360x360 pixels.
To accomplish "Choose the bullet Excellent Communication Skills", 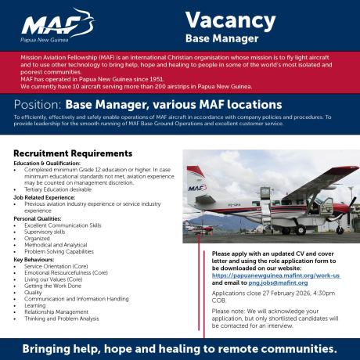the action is (63, 225).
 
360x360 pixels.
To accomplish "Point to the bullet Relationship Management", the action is (56, 311).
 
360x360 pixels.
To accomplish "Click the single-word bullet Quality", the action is (34, 291).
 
